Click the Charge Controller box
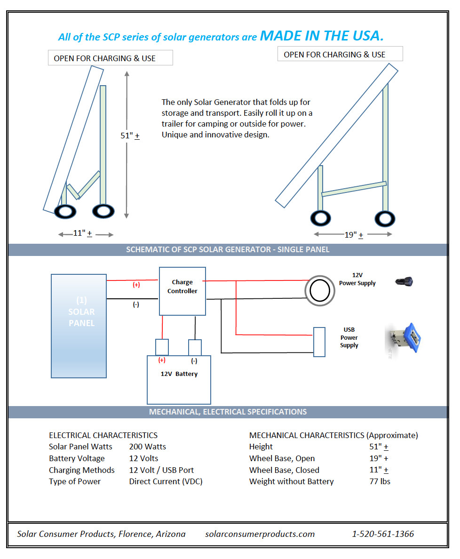182,291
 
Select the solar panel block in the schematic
79,326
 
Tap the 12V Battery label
179,374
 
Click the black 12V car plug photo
404,282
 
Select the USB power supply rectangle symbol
319,342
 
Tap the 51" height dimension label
130,136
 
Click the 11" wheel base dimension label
83,233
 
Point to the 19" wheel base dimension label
354,235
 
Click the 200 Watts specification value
148,447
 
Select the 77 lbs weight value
380,481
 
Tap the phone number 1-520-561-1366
383,534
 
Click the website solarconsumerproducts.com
260,534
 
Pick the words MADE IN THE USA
322,36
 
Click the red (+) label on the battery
162,360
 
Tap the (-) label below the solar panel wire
136,304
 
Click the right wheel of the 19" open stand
385,219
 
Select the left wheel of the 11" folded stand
65,212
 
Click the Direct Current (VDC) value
166,481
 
